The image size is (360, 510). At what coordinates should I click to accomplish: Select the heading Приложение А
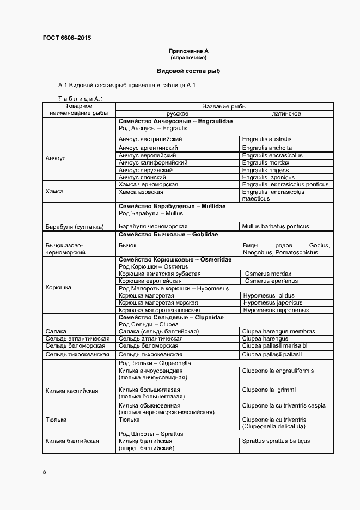pyautogui.click(x=188, y=51)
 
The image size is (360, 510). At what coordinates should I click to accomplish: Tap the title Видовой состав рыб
pyautogui.click(x=188, y=71)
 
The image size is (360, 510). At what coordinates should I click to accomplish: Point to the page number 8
pyautogui.click(x=44, y=471)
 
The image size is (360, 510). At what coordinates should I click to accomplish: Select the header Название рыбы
pyautogui.click(x=224, y=106)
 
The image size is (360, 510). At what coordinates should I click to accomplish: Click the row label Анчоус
pyautogui.click(x=56, y=158)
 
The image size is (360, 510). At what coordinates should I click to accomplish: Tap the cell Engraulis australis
pyautogui.click(x=267, y=139)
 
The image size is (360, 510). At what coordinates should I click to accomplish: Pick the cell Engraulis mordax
pyautogui.click(x=266, y=162)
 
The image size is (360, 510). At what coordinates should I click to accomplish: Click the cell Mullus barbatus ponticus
pyautogui.click(x=276, y=226)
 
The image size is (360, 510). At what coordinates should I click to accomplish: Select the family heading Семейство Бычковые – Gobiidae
pyautogui.click(x=168, y=234)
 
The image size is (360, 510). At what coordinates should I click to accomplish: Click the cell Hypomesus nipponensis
pyautogui.click(x=276, y=309)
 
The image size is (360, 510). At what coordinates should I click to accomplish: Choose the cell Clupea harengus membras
pyautogui.click(x=279, y=331)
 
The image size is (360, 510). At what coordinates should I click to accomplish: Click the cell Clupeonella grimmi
pyautogui.click(x=269, y=390)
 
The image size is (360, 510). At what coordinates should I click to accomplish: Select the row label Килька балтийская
pyautogui.click(x=72, y=441)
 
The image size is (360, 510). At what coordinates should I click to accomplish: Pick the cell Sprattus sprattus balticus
pyautogui.click(x=276, y=441)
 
